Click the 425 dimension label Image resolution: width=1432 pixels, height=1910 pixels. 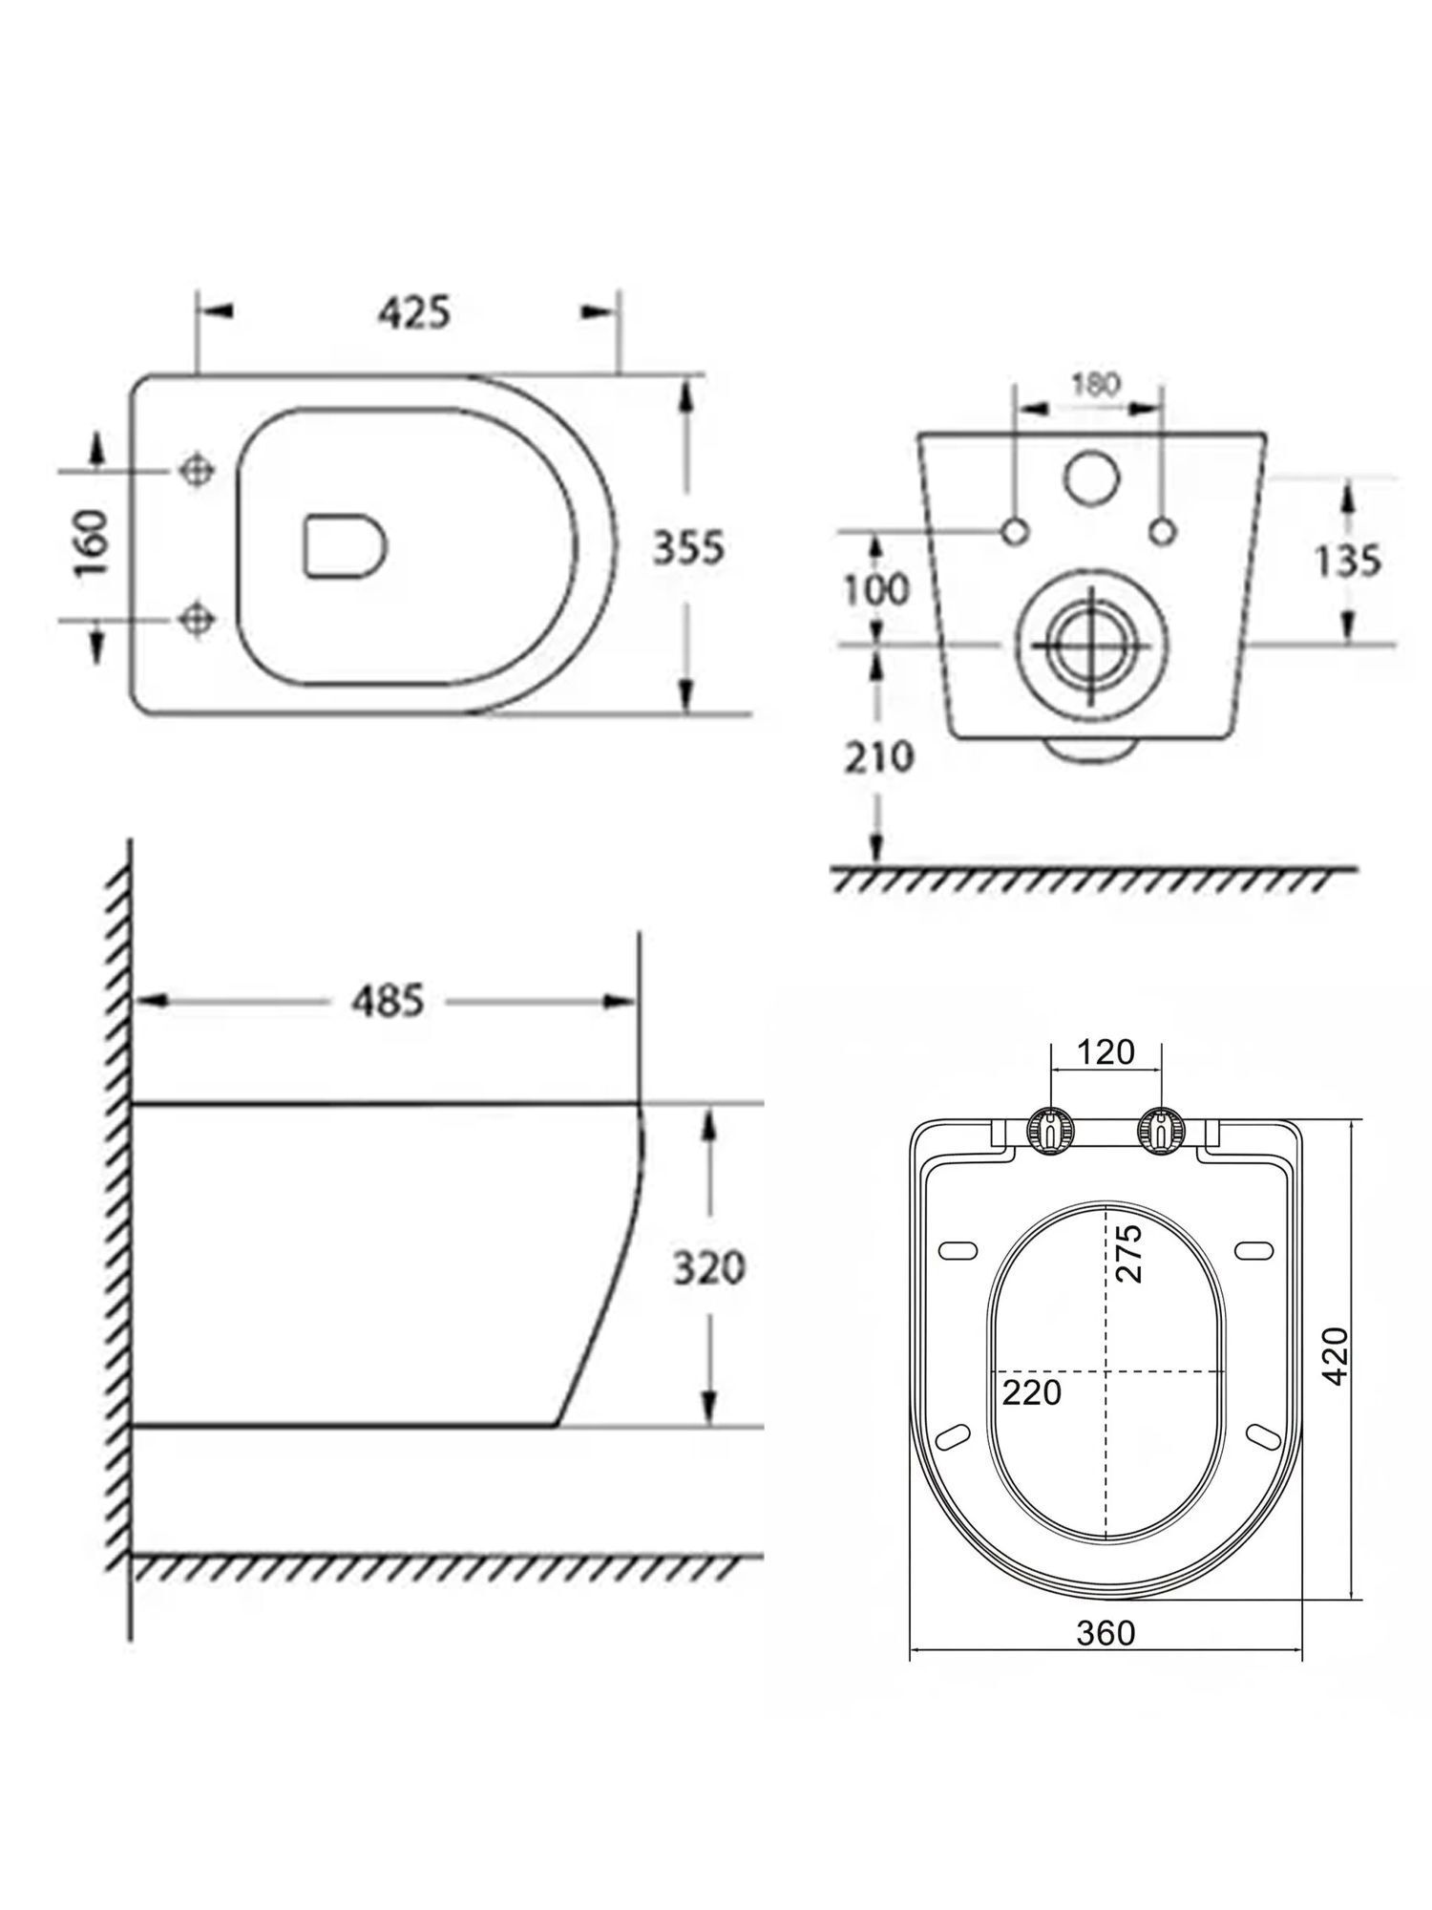(412, 313)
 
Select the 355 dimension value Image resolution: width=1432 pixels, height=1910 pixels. (688, 547)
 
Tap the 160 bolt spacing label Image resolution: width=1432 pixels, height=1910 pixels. (93, 544)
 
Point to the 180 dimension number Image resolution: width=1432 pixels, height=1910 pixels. (1095, 384)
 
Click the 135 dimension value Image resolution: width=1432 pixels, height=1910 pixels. (1347, 561)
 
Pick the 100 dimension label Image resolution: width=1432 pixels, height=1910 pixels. (876, 589)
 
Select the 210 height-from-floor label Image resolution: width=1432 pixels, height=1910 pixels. (878, 757)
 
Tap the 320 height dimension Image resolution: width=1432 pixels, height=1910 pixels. (708, 1268)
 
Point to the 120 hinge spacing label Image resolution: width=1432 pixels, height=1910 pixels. (1106, 1051)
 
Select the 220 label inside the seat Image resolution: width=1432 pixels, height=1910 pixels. (1032, 1391)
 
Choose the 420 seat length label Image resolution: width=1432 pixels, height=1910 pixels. (1336, 1355)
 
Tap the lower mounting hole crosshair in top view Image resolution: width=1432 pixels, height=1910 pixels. (197, 618)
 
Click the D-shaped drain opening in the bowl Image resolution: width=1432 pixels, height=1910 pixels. (345, 547)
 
